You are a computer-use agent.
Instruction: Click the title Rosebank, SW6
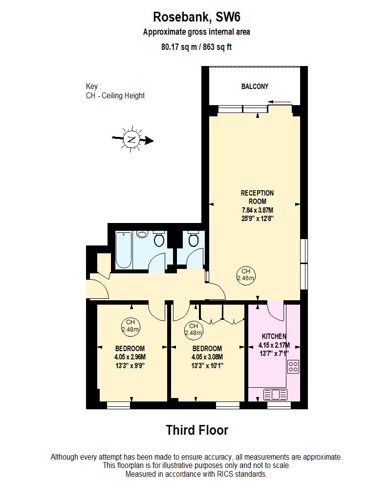[196, 17]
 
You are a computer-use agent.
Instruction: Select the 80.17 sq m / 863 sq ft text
[196, 47]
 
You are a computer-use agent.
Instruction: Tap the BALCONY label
[255, 87]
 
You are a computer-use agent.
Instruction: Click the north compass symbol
[131, 140]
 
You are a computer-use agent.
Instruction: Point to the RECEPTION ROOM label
[257, 197]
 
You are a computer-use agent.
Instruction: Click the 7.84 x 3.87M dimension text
[257, 210]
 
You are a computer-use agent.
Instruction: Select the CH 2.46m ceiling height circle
[245, 275]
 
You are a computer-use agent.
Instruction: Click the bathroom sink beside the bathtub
[143, 235]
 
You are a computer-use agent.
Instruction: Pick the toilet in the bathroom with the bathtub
[158, 239]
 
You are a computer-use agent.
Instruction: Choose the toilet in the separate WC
[193, 239]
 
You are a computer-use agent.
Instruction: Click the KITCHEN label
[274, 336]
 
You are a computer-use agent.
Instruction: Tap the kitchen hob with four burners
[293, 367]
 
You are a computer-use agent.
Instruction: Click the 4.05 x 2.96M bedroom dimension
[130, 356]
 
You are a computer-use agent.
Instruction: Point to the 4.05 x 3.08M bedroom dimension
[207, 356]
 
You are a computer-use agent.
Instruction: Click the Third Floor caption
[196, 430]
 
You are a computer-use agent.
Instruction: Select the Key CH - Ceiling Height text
[115, 91]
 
